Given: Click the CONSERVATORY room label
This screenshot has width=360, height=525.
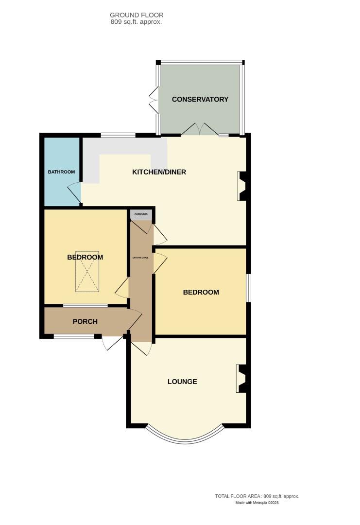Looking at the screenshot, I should (x=200, y=99).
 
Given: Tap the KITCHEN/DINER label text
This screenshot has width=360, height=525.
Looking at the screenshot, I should (x=159, y=172).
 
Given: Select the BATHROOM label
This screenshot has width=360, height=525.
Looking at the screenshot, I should (x=61, y=172).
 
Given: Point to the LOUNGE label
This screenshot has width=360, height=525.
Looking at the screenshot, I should (x=182, y=382).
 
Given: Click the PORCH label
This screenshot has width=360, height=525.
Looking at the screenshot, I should (x=85, y=321).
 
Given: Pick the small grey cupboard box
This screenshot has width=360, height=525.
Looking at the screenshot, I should (x=141, y=214).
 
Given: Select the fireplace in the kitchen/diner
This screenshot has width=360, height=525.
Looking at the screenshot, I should (x=242, y=186).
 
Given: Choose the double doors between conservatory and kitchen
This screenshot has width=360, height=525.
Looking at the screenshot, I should (x=200, y=129).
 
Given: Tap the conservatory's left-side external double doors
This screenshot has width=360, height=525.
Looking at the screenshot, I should (x=154, y=100).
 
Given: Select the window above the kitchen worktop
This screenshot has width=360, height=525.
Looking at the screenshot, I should (x=118, y=135).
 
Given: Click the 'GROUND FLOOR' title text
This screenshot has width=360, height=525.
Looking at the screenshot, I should (x=137, y=15).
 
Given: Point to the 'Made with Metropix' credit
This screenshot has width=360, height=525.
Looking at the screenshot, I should (x=257, y=503).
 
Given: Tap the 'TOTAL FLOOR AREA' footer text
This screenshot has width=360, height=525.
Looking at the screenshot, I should (x=257, y=496).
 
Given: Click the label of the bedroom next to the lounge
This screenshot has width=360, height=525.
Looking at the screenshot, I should (x=201, y=292).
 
